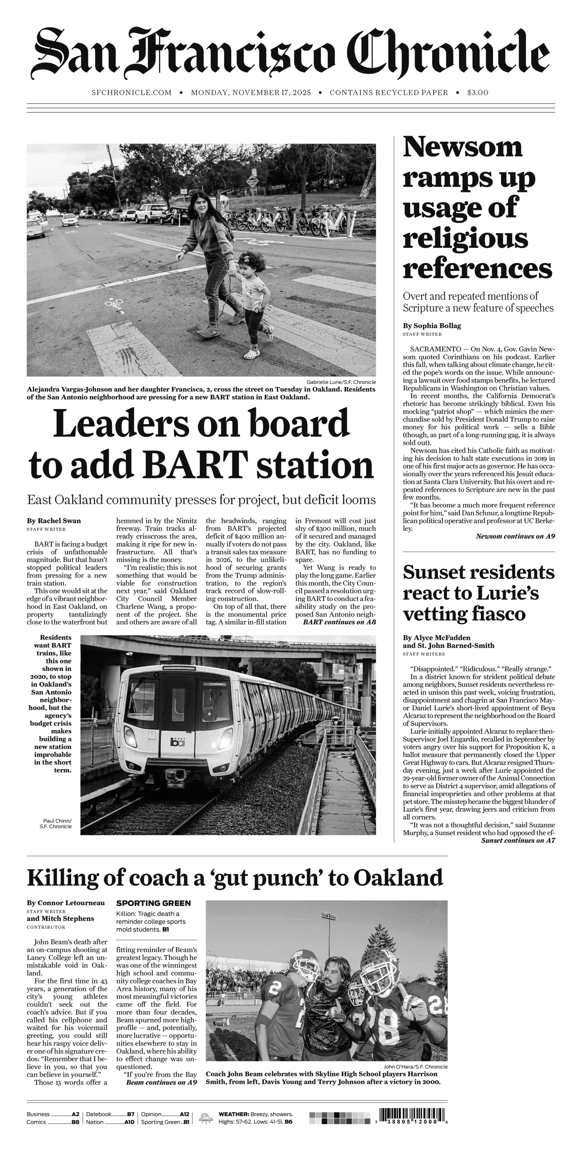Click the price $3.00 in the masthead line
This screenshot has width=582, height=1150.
(478, 92)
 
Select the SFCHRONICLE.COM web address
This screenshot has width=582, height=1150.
(131, 92)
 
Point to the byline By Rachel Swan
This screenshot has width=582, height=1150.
(53, 521)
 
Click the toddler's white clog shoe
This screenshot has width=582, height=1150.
(251, 353)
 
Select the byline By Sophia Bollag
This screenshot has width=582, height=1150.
(431, 325)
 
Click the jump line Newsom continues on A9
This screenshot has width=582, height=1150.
(515, 536)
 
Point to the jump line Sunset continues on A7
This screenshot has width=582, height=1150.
(518, 841)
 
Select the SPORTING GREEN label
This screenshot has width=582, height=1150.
(153, 903)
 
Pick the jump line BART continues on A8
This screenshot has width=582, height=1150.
(339, 622)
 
